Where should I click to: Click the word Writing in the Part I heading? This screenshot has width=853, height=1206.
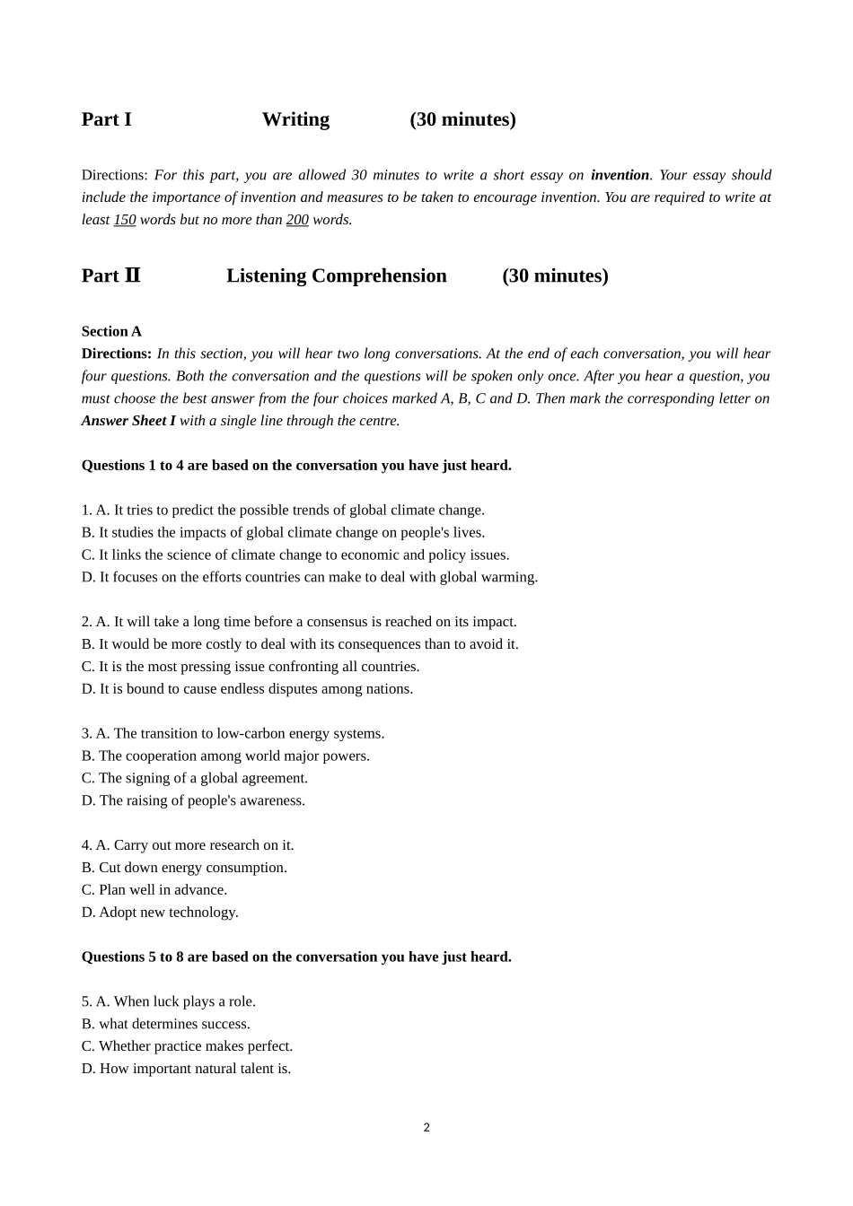[295, 119]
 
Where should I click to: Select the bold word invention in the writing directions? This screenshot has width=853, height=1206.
[620, 175]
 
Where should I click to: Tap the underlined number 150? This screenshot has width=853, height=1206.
[125, 220]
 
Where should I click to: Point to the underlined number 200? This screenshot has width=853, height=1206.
[297, 220]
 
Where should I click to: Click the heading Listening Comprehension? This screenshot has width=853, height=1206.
[336, 275]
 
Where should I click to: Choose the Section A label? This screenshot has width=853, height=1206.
[111, 331]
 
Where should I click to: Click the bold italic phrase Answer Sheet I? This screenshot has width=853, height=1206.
[128, 421]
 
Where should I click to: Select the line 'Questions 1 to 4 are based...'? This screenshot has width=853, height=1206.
[296, 465]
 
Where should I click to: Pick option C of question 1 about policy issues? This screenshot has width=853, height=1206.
[295, 555]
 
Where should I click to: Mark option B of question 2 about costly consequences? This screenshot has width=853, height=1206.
[300, 644]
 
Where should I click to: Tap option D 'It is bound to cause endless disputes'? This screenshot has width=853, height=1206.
[247, 689]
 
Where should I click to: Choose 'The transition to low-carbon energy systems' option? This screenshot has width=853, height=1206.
[233, 733]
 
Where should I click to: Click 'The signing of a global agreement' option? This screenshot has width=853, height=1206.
[195, 778]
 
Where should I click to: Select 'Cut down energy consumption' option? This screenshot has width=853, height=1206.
[184, 868]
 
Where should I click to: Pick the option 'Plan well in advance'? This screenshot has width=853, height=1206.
[154, 889]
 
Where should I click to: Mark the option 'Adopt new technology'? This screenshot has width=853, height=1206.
[160, 912]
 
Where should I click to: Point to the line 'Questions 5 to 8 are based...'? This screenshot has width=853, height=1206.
[296, 957]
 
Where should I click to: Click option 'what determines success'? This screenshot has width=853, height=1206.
[166, 1024]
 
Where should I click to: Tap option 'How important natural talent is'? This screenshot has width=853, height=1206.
[186, 1069]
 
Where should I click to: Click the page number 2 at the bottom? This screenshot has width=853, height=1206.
[426, 1128]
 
